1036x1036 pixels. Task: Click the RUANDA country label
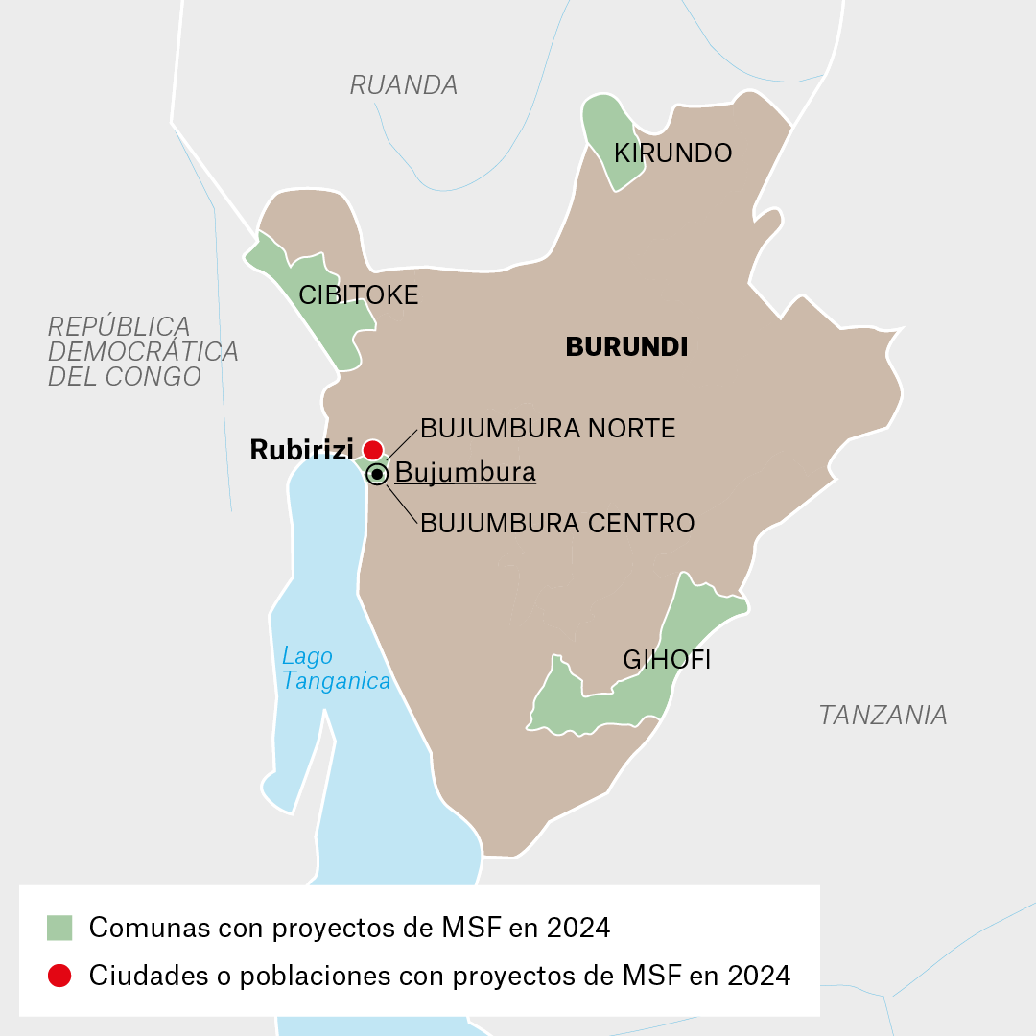pos(403,85)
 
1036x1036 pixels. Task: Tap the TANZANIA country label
pos(883,715)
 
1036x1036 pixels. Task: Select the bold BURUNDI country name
pos(626,347)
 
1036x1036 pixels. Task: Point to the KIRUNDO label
pos(672,153)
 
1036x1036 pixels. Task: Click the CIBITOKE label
pos(359,295)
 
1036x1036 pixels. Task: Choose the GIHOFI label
pos(667,660)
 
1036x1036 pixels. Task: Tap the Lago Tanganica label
pos(336,669)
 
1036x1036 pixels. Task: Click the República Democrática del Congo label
pos(143,351)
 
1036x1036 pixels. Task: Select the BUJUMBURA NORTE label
pos(548,429)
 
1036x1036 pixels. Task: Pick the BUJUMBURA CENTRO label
pos(557,524)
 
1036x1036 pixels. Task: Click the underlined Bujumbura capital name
pos(465,473)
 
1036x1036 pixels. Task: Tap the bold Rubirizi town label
pos(301,450)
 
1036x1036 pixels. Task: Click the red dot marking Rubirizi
pos(372,449)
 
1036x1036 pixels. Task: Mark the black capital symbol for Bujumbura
pos(378,475)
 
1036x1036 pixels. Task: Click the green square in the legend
pos(59,928)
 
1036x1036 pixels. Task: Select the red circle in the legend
pos(59,976)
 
